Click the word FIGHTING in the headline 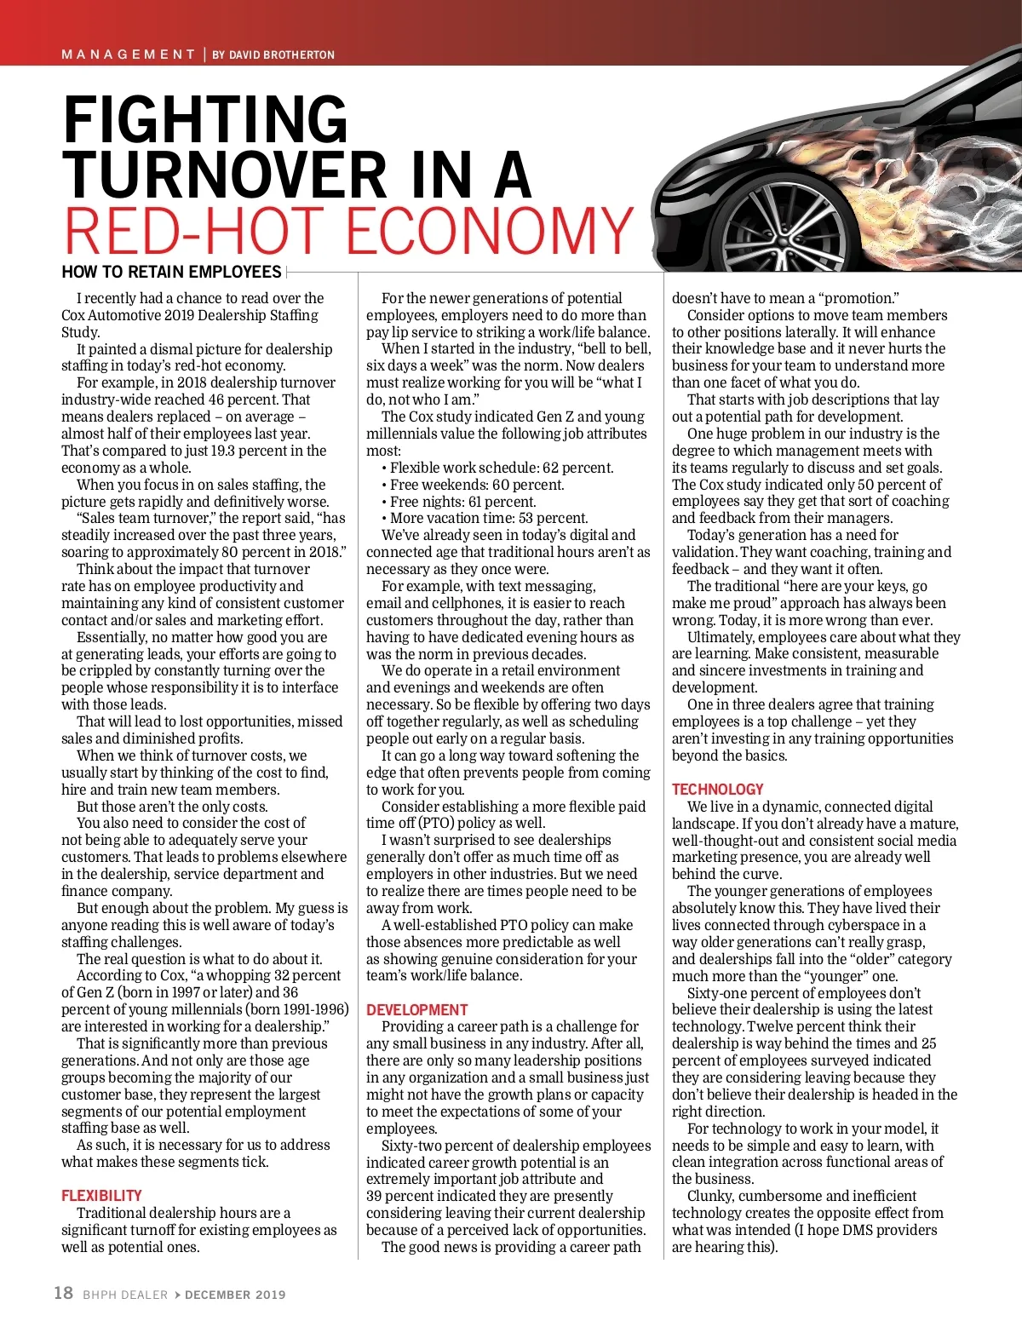[205, 121]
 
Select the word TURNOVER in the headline [225, 175]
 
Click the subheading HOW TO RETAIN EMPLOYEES [171, 273]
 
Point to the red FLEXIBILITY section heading [101, 1196]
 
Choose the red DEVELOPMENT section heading [417, 1010]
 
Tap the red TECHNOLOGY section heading [717, 790]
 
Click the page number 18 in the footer [64, 1293]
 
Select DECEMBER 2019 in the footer [235, 1295]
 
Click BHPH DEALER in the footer [125, 1295]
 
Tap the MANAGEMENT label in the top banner [129, 55]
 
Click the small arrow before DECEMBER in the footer [177, 1295]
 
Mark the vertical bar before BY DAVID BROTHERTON [204, 55]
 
